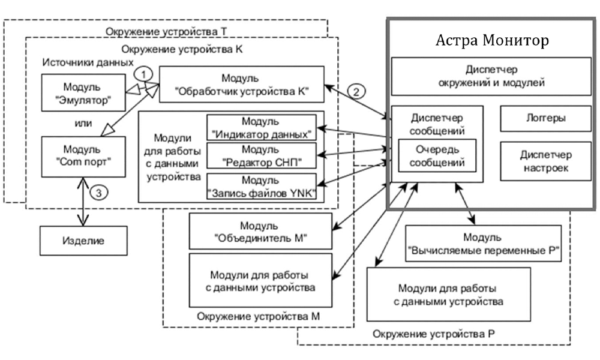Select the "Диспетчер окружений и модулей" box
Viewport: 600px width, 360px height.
tap(491, 76)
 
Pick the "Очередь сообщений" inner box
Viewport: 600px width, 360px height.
tap(437, 155)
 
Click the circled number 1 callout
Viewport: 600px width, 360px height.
tap(141, 73)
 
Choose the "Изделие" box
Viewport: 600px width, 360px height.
tap(83, 241)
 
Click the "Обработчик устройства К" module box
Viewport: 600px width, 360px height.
tap(241, 85)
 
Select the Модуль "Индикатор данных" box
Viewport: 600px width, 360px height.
tap(261, 127)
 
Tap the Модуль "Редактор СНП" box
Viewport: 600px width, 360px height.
tap(261, 155)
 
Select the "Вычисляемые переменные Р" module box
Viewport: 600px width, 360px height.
tap(483, 242)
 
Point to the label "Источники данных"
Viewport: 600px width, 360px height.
tap(87, 62)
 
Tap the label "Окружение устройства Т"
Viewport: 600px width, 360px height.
tap(167, 31)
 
